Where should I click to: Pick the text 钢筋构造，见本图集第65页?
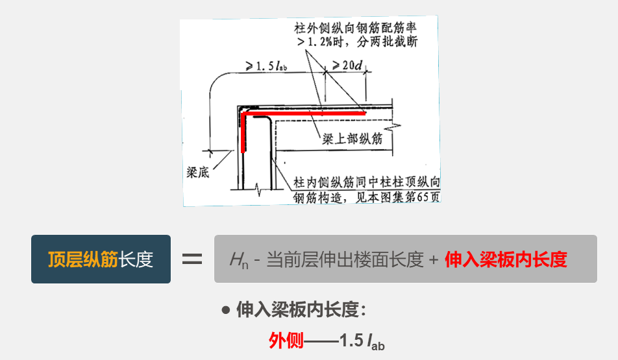pos(367,197)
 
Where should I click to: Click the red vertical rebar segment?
pos(243,133)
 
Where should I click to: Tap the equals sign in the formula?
pos(192,259)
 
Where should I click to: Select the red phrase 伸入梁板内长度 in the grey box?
pos(506,259)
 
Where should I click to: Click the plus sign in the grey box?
pos(434,260)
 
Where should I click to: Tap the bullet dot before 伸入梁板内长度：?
pos(226,310)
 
